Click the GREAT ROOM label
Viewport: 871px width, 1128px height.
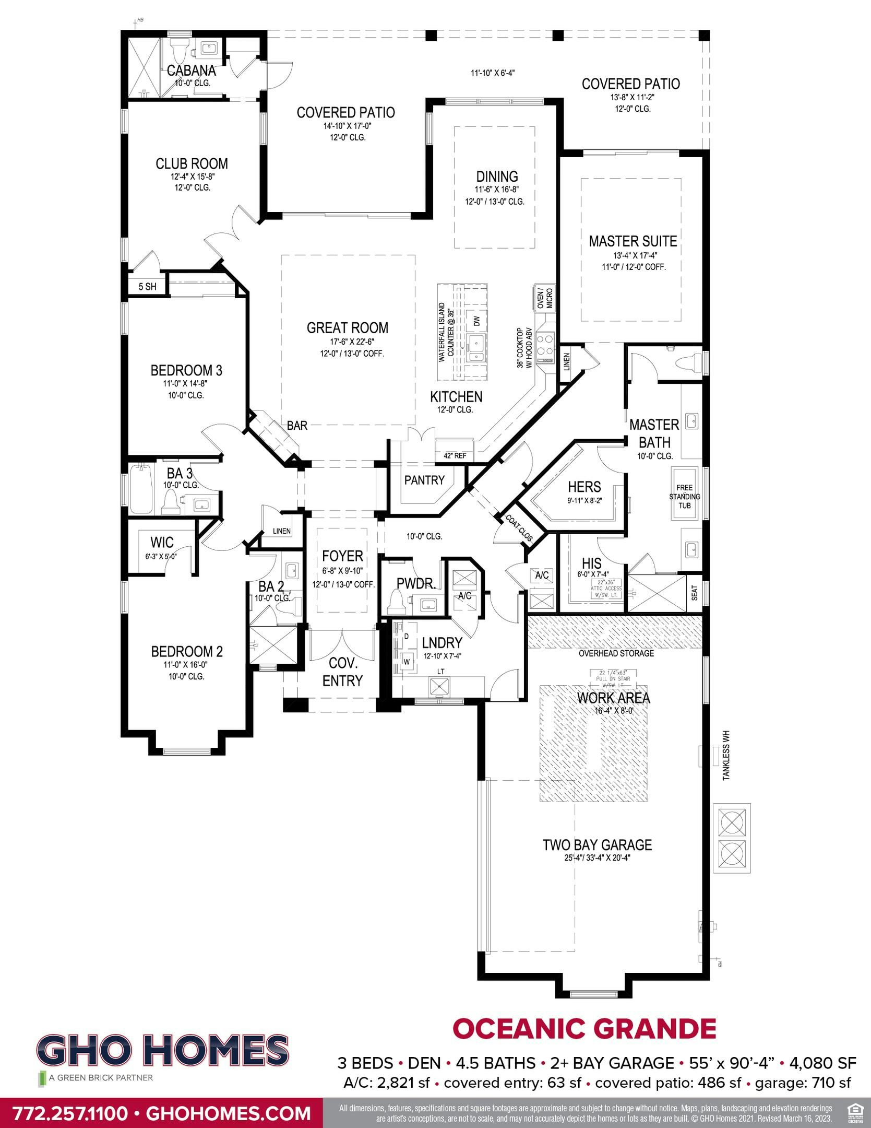(347, 328)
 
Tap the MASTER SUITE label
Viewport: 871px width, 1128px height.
(633, 241)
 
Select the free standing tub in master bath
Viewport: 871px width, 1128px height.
(684, 494)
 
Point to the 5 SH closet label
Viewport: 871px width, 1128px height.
(147, 287)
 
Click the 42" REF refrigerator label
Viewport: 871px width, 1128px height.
(455, 456)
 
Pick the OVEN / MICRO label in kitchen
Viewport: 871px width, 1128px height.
(544, 298)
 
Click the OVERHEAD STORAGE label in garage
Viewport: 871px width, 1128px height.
(616, 653)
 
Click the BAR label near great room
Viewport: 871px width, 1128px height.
(297, 426)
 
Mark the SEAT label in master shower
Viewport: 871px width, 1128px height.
(695, 593)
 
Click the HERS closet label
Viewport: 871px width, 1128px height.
(584, 487)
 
